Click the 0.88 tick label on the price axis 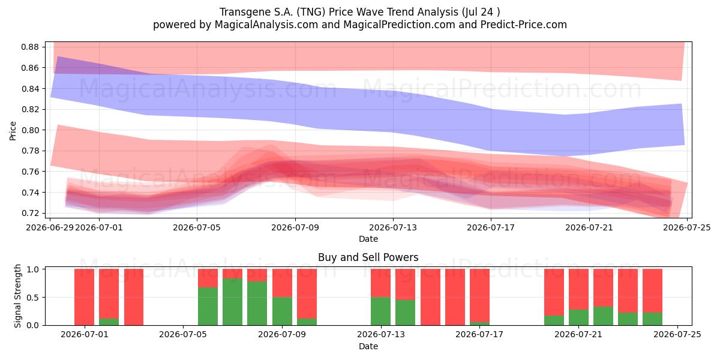click(x=30, y=47)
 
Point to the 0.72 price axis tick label click(x=30, y=213)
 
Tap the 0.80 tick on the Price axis click(x=30, y=130)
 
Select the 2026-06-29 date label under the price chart click(x=50, y=227)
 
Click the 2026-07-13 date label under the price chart click(x=393, y=227)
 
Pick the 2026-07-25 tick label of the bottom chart click(x=677, y=334)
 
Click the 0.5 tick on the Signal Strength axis click(x=33, y=298)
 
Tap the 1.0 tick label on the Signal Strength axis click(x=33, y=269)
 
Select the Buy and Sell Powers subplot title click(x=368, y=257)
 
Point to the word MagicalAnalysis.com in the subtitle click(x=266, y=25)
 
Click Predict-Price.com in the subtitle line click(x=524, y=25)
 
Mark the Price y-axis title click(x=13, y=131)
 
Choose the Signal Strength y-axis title click(x=17, y=296)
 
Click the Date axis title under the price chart click(x=368, y=239)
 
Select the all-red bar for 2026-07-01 click(x=84, y=297)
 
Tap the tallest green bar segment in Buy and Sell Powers click(x=232, y=302)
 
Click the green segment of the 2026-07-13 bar click(x=380, y=311)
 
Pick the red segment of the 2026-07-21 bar click(x=578, y=289)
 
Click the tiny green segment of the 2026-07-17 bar click(x=479, y=323)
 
